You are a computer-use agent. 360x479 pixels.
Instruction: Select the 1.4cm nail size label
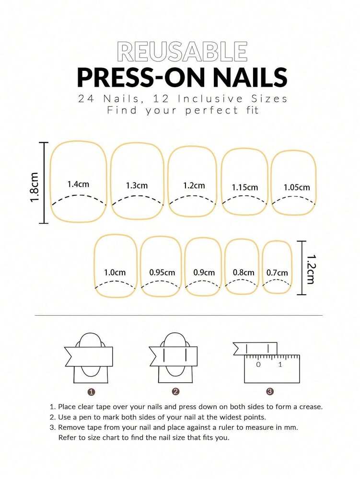pos(78,184)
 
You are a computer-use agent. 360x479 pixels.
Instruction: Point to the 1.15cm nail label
pos(245,187)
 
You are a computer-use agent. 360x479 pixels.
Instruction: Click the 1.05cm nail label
pos(297,187)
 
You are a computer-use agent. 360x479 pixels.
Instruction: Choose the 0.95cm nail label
pos(162,273)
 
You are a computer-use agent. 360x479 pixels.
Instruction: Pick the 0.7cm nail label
pos(277,273)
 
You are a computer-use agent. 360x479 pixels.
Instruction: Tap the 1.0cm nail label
pos(115,273)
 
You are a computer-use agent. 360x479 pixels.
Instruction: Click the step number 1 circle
pos(92,392)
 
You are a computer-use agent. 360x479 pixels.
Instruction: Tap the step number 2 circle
pos(175,392)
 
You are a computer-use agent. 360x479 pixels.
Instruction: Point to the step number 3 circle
pos(270,392)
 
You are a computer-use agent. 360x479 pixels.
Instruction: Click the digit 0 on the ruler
pos(258,365)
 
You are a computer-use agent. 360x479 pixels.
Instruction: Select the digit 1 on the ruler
pos(280,365)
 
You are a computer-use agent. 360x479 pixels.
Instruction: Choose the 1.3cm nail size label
pos(137,185)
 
